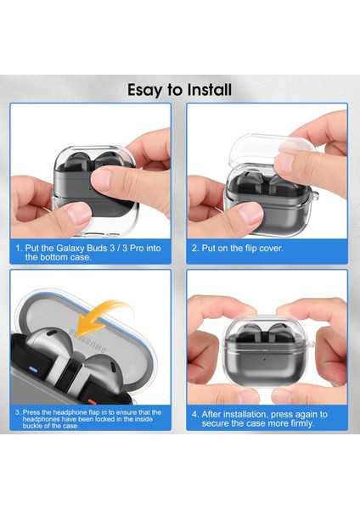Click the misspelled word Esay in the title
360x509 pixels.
[146, 89]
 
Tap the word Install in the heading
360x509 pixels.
[207, 89]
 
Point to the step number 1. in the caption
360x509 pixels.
[20, 249]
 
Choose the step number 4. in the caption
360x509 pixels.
[196, 414]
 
